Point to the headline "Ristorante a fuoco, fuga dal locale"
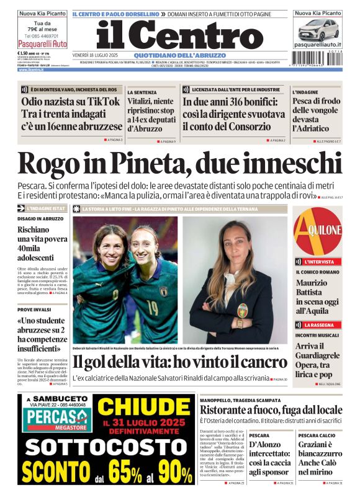[271, 409]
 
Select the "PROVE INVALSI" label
[34, 309]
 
